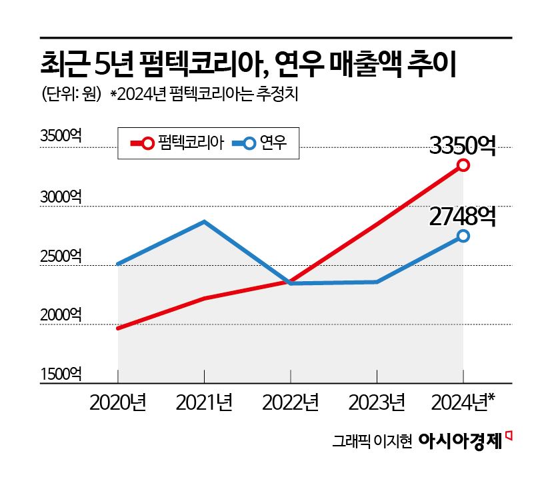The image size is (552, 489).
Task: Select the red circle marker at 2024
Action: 463,165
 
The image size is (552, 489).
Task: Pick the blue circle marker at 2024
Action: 463,236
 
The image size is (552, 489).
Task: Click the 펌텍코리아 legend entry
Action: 177,143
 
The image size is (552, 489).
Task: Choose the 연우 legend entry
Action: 263,143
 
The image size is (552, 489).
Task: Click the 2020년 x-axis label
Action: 118,402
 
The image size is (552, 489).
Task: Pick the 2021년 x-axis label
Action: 205,402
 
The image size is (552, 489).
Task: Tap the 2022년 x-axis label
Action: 291,402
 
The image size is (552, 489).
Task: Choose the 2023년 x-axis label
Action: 377,402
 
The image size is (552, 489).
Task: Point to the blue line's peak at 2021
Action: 205,221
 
